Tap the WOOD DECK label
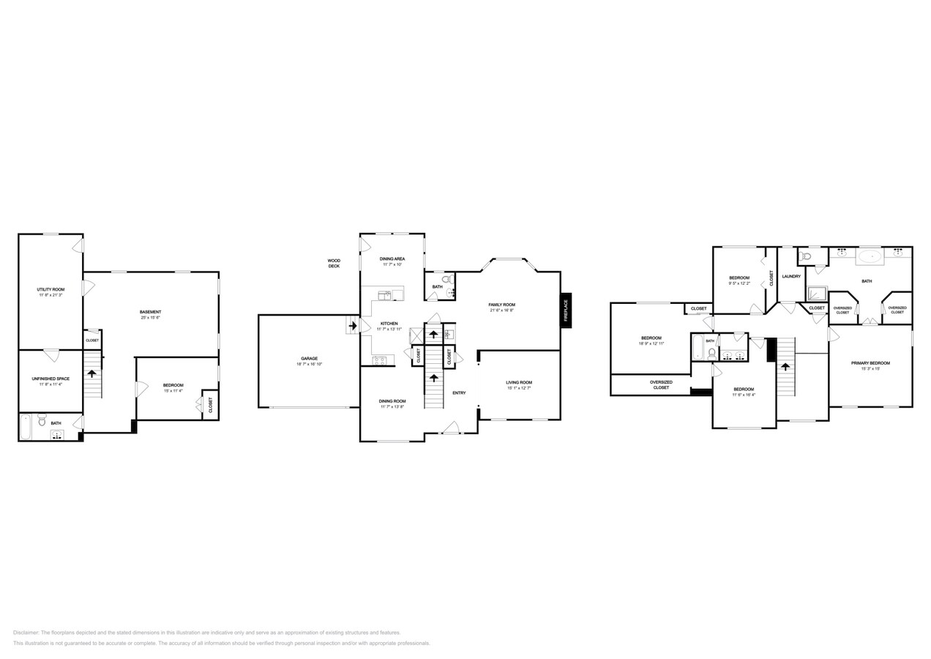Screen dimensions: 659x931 pyautogui.click(x=334, y=263)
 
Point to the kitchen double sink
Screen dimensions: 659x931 pyautogui.click(x=386, y=294)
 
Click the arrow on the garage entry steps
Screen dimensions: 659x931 pyautogui.click(x=353, y=325)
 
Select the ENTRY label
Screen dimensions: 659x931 pyautogui.click(x=459, y=393)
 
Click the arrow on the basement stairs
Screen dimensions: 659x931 pyautogui.click(x=91, y=373)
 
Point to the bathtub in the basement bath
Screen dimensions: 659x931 pyautogui.click(x=26, y=427)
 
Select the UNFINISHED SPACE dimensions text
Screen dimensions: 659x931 pyautogui.click(x=51, y=384)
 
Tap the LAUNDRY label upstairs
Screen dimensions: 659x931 pyautogui.click(x=791, y=276)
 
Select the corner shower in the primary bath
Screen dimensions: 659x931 pyautogui.click(x=817, y=294)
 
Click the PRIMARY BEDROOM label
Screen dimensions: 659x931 pyautogui.click(x=870, y=363)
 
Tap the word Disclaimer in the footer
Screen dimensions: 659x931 pyautogui.click(x=26, y=633)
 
